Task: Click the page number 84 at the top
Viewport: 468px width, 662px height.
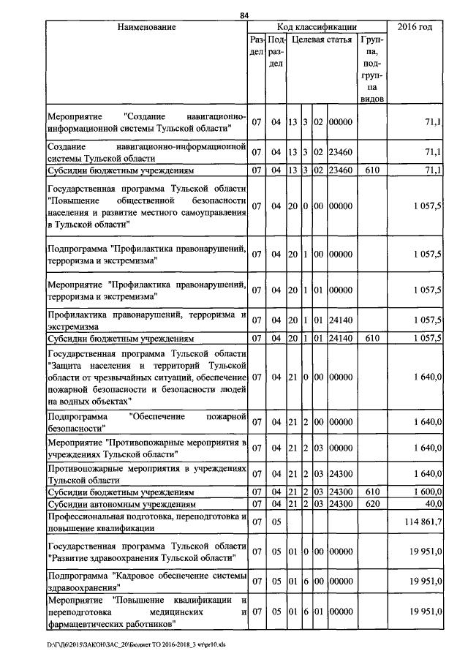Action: tap(245, 16)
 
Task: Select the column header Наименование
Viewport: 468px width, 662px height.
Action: tap(146, 27)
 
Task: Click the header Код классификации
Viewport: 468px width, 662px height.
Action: tap(317, 27)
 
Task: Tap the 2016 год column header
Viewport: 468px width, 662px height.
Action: tap(415, 27)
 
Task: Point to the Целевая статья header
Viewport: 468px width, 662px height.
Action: tap(322, 40)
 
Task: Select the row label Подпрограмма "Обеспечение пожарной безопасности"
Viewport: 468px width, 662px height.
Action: tap(146, 422)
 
